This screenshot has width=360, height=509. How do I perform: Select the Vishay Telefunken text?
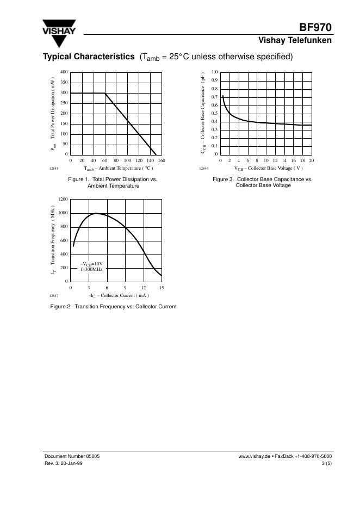[x=295, y=41]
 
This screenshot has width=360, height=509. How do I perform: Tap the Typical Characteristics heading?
[x=89, y=57]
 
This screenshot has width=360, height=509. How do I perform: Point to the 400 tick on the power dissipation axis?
[x=64, y=72]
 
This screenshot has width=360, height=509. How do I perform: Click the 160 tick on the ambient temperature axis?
[x=162, y=161]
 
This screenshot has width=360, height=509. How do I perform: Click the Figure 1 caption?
[x=113, y=182]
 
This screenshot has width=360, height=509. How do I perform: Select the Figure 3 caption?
[x=263, y=182]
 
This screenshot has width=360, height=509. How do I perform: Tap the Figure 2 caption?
[x=113, y=307]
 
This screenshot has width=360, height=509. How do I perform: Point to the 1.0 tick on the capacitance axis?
[x=214, y=72]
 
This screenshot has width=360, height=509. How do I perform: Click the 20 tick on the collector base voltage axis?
[x=311, y=161]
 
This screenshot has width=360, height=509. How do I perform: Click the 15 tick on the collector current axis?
[x=162, y=287]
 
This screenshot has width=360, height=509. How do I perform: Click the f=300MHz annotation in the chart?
[x=91, y=269]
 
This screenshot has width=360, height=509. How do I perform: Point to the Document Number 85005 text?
[x=71, y=457]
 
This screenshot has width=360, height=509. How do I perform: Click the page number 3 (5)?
[x=326, y=464]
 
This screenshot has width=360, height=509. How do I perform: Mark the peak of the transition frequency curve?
[x=96, y=213]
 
